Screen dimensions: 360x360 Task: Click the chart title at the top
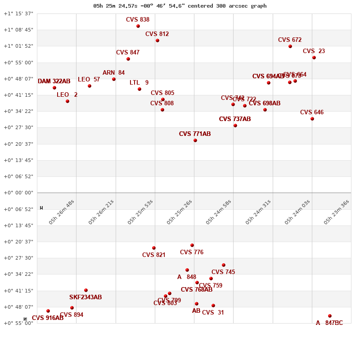click(x=180, y=6)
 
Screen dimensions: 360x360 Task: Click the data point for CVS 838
click(x=138, y=26)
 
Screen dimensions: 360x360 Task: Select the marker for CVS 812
click(x=157, y=40)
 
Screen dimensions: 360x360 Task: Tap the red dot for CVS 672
click(x=290, y=46)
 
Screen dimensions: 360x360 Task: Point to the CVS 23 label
click(x=314, y=51)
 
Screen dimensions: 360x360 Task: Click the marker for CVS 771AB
click(x=195, y=140)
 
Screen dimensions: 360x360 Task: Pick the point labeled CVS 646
click(x=312, y=119)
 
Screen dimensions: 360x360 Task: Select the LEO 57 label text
click(x=89, y=80)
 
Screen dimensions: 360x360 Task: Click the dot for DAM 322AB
click(x=54, y=88)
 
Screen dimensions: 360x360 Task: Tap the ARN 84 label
click(x=113, y=73)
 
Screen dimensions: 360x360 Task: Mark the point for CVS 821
click(x=154, y=248)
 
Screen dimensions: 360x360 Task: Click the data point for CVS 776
click(x=192, y=245)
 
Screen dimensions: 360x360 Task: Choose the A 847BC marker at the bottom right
click(x=330, y=316)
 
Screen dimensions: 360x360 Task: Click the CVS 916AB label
click(x=48, y=318)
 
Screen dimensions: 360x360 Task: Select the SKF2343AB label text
click(x=85, y=297)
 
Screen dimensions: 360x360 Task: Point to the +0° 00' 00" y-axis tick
click(x=18, y=193)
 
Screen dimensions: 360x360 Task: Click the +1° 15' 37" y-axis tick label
click(x=18, y=13)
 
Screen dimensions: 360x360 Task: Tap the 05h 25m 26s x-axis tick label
click(x=179, y=212)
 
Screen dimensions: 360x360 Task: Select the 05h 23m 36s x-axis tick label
click(x=336, y=212)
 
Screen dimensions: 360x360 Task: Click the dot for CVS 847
click(x=128, y=59)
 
